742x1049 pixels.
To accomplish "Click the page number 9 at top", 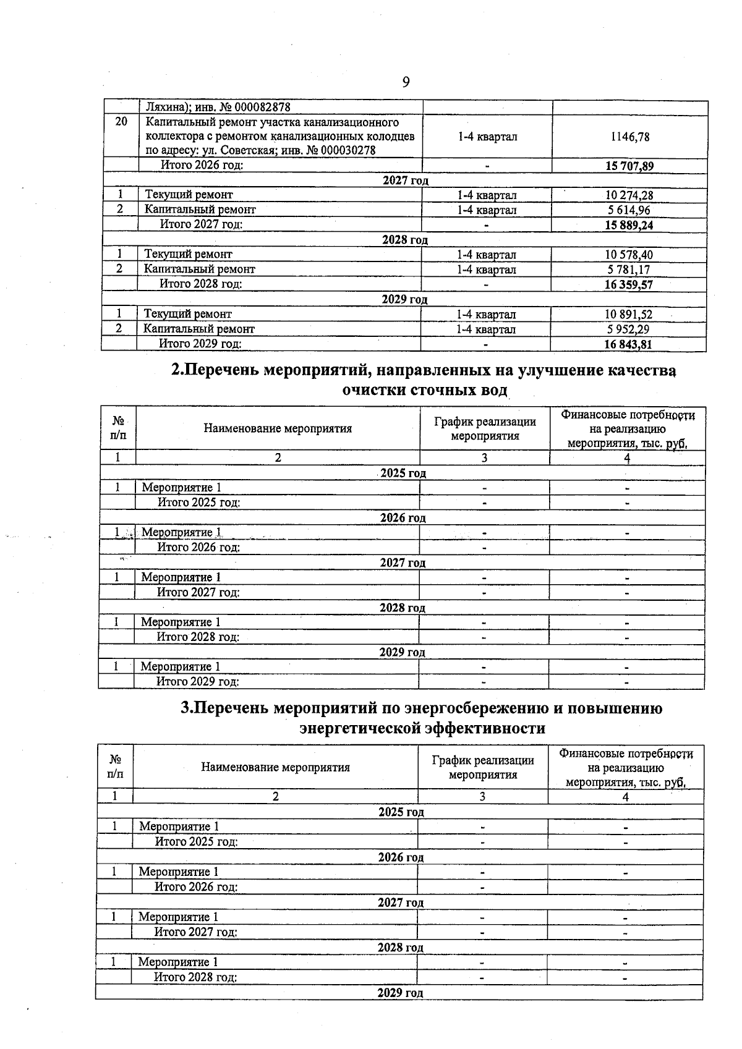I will (406, 82).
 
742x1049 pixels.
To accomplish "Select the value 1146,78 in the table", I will (629, 137).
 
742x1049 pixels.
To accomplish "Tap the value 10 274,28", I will (629, 195).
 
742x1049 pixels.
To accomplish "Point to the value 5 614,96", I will (629, 210).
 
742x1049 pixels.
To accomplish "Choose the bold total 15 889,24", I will (629, 225).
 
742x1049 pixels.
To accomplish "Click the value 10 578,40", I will (629, 255).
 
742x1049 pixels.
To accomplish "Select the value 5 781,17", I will (628, 270).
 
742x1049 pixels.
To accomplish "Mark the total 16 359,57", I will (628, 284).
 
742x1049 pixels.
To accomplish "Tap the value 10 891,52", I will (628, 315).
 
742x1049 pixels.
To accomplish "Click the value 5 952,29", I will (628, 329).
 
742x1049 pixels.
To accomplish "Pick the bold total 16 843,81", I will (628, 344).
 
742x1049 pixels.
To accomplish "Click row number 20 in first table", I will (121, 122).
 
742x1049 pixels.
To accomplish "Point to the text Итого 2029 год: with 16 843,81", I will (200, 344).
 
